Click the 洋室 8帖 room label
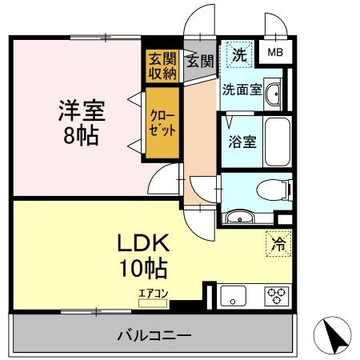click(x=79, y=122)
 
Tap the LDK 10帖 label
click(x=122, y=254)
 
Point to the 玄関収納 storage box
click(x=162, y=66)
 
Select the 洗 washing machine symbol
click(x=238, y=55)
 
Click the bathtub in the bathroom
click(x=276, y=142)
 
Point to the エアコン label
click(x=153, y=294)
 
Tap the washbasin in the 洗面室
click(x=274, y=91)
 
